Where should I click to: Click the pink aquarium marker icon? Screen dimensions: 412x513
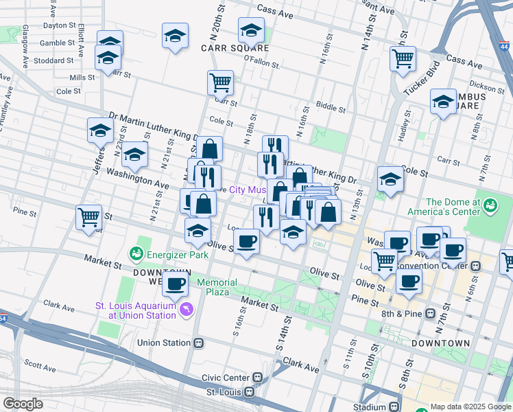pos(187,311)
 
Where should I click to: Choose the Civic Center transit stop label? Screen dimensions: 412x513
pos(226,378)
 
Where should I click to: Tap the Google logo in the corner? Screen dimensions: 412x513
pos(23,404)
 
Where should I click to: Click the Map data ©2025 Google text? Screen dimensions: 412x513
pos(470,407)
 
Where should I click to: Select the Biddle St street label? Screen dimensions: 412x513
pos(331,107)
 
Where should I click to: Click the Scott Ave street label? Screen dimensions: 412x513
pos(40,362)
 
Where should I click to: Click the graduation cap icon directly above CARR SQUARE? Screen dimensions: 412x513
pos(251,30)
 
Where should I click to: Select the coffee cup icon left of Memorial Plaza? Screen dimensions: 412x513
pos(176,283)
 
